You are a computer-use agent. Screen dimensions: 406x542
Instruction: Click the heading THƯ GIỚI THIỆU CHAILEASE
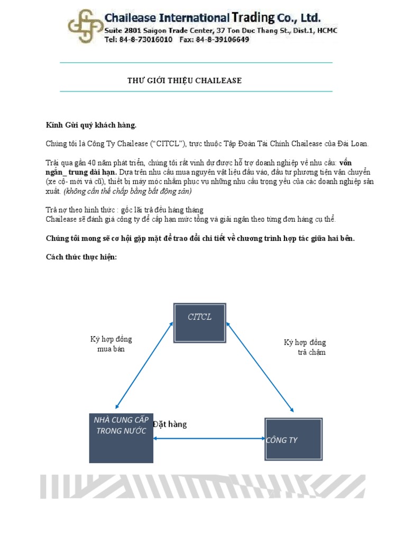tap(184, 80)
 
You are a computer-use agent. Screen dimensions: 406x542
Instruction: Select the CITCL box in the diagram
tap(200, 322)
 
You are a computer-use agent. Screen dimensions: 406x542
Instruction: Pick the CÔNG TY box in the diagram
tap(293, 439)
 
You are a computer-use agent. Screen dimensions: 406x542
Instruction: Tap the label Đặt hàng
tap(170, 424)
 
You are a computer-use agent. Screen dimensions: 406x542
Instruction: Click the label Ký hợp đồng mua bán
tap(111, 344)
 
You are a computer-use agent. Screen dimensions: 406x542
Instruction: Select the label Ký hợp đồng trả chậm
tap(305, 347)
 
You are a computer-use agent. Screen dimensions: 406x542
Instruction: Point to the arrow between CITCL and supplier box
tap(144, 365)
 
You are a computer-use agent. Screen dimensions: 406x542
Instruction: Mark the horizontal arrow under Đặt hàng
tap(209, 438)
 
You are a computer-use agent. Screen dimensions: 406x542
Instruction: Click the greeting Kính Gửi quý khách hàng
tap(91, 125)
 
